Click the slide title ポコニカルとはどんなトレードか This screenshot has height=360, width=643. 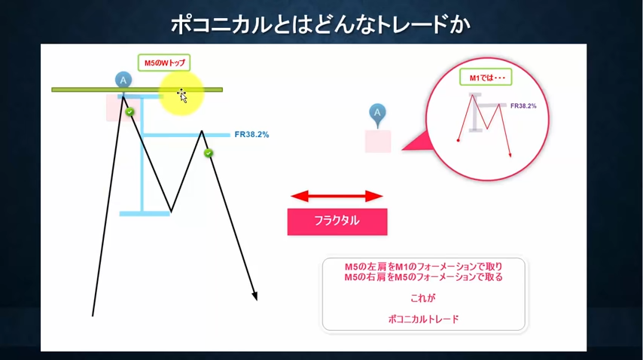point(320,25)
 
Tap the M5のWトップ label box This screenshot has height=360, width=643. point(164,63)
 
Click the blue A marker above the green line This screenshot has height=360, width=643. point(123,81)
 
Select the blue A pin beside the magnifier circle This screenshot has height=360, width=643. point(377,114)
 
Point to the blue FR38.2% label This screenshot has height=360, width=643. point(251,135)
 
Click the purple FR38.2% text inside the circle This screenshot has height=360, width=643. point(523,105)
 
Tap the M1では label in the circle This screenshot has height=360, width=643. point(486,77)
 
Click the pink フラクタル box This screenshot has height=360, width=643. point(337,222)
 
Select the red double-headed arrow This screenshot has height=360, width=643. point(337,197)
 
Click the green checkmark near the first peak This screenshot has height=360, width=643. point(130,111)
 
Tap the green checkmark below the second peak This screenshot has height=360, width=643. point(209,153)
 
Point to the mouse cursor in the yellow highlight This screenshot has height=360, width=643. point(182,96)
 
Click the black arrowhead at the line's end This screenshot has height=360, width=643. point(254,297)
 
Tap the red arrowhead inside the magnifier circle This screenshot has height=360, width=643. point(510,154)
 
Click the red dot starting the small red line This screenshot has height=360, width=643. point(458,141)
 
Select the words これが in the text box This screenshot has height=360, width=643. point(423,298)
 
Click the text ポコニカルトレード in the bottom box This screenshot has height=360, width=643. point(423,319)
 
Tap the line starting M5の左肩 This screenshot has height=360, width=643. point(424,267)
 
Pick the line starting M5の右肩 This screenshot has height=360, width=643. point(424,277)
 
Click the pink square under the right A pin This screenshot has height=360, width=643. point(378,142)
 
